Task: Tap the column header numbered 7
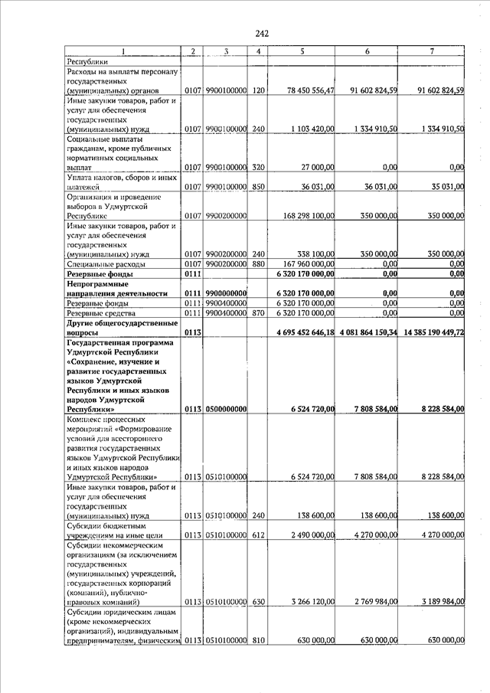[x=433, y=51]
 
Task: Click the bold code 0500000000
[x=226, y=410]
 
